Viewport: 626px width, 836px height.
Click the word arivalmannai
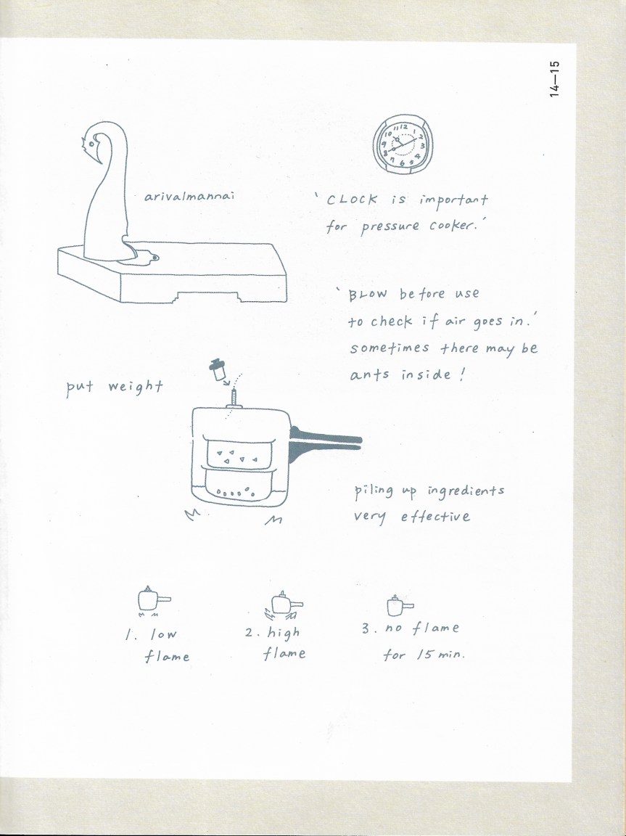pos(189,196)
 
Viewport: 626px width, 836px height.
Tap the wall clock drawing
pos(403,144)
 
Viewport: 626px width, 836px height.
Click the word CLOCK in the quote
pos(352,200)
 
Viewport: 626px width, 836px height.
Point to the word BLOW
pos(368,295)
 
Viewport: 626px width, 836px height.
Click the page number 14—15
pos(555,79)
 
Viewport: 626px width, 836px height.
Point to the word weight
pos(136,387)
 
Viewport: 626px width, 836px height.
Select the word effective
pos(435,517)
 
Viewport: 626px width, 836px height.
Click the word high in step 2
pos(284,634)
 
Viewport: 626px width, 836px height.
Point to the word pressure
pos(390,228)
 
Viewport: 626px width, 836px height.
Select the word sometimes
pos(390,348)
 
